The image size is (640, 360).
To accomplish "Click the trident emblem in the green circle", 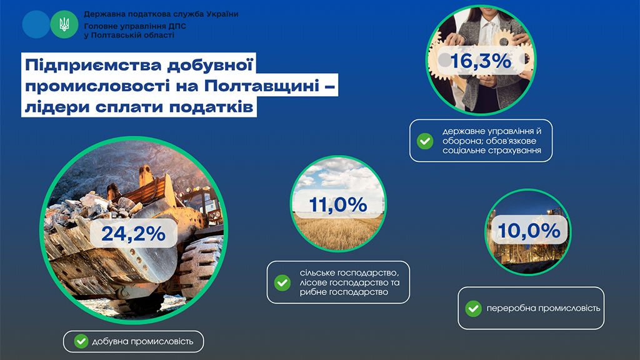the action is pos(64,24).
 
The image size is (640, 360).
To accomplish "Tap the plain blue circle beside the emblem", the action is pos(36,24).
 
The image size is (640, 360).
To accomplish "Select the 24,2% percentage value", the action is pos(134,234).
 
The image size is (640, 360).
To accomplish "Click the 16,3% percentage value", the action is pos(481,61).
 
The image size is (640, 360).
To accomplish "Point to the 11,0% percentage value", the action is pos(338,204).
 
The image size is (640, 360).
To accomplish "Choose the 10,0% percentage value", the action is pos(529,231).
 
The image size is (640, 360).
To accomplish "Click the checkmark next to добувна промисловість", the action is pos(81,341).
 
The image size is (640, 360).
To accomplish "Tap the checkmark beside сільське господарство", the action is pos(282,282).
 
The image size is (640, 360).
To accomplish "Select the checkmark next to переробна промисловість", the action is pos(474,309).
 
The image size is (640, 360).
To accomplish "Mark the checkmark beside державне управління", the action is pos(425,141).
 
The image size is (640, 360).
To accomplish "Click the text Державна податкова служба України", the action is pos(161,14).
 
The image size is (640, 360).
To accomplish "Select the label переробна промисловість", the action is pos(543,308).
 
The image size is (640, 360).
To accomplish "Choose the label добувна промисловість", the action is pos(142,341).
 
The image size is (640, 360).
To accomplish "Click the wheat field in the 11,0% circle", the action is pos(338,232).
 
